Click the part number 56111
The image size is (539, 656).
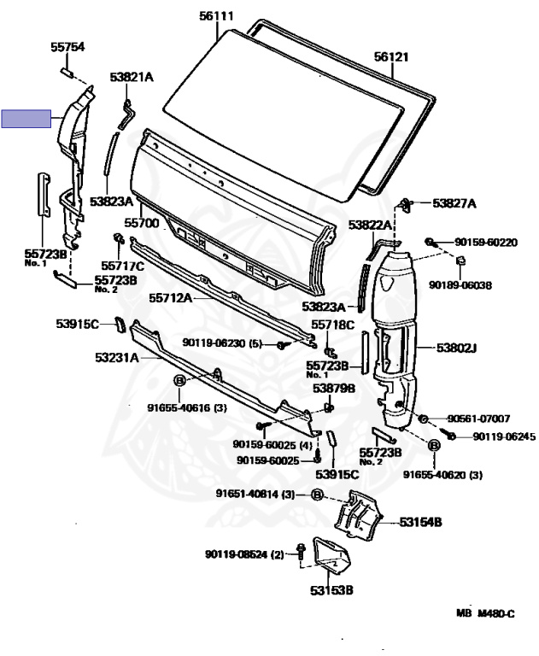tap(216, 16)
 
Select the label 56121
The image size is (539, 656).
tap(391, 56)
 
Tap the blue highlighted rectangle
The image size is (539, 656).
tap(26, 119)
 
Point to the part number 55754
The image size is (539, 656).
tap(67, 47)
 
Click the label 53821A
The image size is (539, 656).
tap(132, 77)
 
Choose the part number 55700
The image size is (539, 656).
tap(142, 223)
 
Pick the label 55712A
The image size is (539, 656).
tap(170, 298)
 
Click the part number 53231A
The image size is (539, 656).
tap(116, 358)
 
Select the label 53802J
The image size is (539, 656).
tap(456, 348)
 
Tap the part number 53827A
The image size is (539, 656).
tap(454, 204)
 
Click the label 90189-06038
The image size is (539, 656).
tap(460, 285)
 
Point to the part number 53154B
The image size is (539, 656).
tap(420, 522)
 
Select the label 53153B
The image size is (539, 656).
tap(331, 590)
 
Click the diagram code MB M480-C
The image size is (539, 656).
tap(485, 614)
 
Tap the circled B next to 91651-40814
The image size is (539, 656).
tap(318, 495)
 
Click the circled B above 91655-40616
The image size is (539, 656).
tap(179, 381)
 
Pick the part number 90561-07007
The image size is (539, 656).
tap(478, 419)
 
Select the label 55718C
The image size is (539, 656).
tap(332, 325)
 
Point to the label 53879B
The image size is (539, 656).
tap(334, 389)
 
